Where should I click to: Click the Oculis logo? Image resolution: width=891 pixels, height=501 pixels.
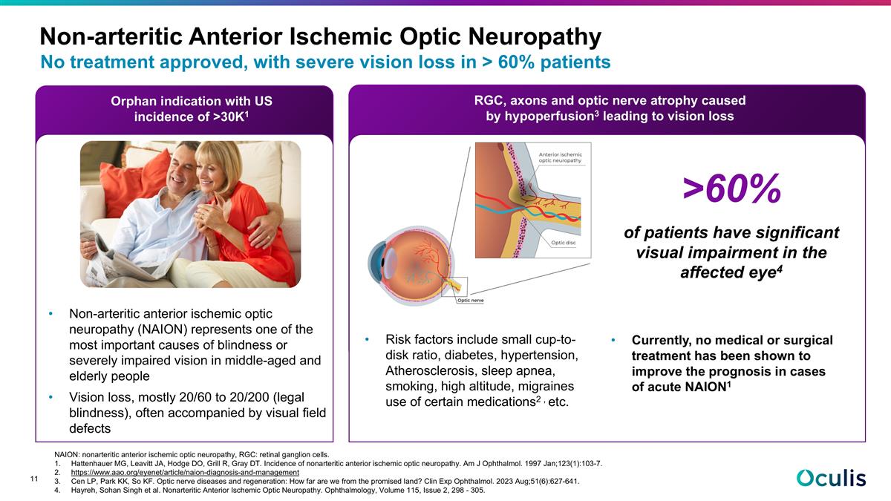pos(831,477)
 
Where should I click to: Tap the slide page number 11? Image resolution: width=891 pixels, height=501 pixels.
pos(34,479)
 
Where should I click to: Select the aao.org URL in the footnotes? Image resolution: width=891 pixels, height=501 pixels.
pos(185,472)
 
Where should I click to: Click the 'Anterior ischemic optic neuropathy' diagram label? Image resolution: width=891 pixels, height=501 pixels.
pos(560,157)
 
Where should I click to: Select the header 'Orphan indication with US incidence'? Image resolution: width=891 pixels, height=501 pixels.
pos(185,108)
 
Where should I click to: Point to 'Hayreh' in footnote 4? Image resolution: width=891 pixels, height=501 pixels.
pos(87,490)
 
